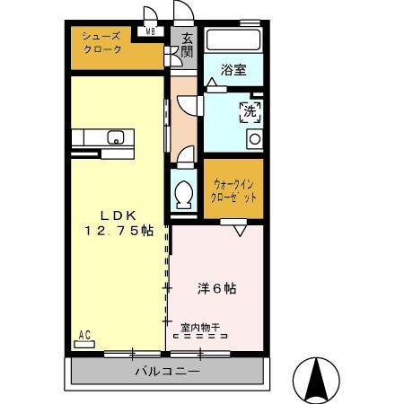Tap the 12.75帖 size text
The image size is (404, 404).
[x=118, y=231]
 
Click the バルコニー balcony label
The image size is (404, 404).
[x=168, y=370]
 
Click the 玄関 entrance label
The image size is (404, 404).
[x=187, y=46]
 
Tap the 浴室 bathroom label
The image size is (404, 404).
[x=233, y=70]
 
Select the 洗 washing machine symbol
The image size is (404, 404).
[x=250, y=112]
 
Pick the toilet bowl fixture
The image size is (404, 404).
[x=184, y=193]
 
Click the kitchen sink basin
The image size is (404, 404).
[x=115, y=137]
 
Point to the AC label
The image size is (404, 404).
[x=84, y=336]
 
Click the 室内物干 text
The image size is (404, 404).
[x=200, y=328]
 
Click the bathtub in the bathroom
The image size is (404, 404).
[x=233, y=41]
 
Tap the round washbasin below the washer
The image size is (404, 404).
[x=254, y=139]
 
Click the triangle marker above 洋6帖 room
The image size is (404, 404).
[x=240, y=231]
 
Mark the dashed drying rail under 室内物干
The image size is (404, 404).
[x=200, y=338]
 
